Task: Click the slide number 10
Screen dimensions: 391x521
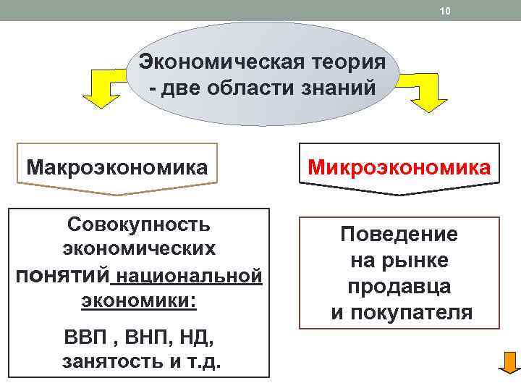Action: click(444, 10)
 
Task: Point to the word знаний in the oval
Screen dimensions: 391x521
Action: click(339, 88)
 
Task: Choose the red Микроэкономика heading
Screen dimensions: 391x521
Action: click(399, 167)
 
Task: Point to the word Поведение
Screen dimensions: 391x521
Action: click(399, 234)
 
